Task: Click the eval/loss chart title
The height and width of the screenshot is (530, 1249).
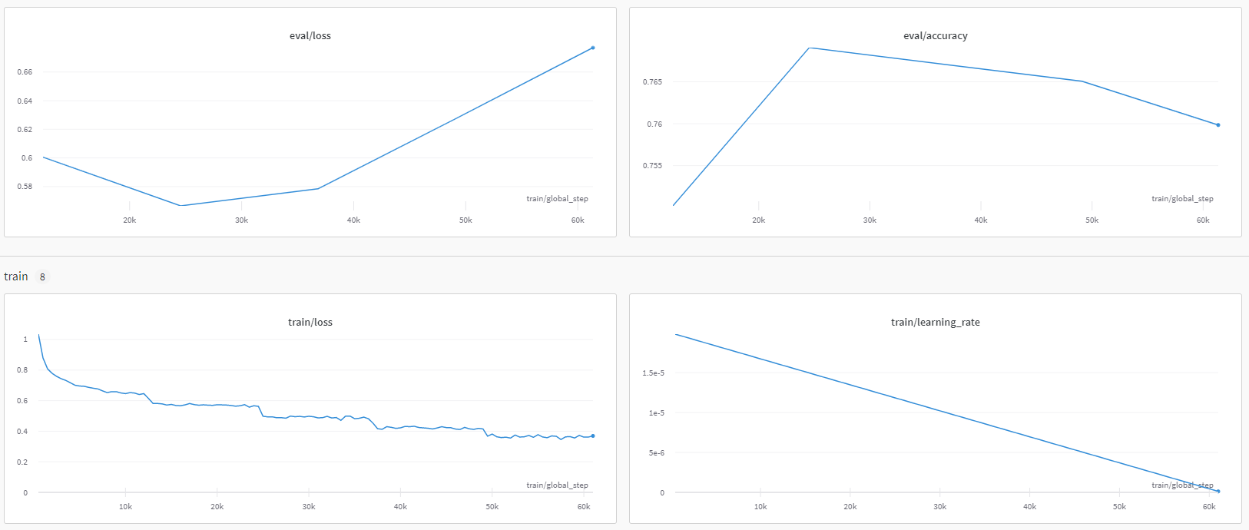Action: tap(310, 36)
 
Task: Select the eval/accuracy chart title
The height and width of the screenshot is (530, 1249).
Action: tap(935, 36)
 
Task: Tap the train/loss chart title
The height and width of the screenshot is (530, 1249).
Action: tap(310, 323)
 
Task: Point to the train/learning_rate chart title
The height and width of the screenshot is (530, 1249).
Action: tap(935, 323)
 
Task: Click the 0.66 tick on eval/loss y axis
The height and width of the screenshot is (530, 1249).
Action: tap(25, 72)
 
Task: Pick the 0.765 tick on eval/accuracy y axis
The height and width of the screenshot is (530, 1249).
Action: tap(652, 82)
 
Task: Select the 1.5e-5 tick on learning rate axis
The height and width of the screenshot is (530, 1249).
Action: tap(653, 373)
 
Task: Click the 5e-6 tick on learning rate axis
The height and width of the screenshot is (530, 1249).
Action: tap(656, 453)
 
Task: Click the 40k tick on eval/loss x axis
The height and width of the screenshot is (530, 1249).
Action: tap(353, 220)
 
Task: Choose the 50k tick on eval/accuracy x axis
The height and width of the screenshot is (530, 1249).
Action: tap(1092, 220)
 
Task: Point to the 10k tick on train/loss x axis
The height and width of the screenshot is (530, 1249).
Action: tap(125, 507)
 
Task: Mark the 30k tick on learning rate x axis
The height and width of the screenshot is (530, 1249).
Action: tap(939, 507)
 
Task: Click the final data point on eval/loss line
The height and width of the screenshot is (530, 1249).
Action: tap(593, 48)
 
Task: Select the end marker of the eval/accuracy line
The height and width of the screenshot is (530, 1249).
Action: tap(1218, 125)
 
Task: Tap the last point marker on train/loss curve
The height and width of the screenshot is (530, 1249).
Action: tap(593, 436)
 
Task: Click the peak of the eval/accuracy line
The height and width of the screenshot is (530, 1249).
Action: tap(810, 48)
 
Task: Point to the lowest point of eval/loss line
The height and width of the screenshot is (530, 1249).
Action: tap(181, 206)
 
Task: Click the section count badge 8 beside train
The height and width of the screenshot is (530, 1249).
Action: tap(42, 277)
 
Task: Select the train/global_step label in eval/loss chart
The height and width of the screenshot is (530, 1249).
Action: tap(557, 199)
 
